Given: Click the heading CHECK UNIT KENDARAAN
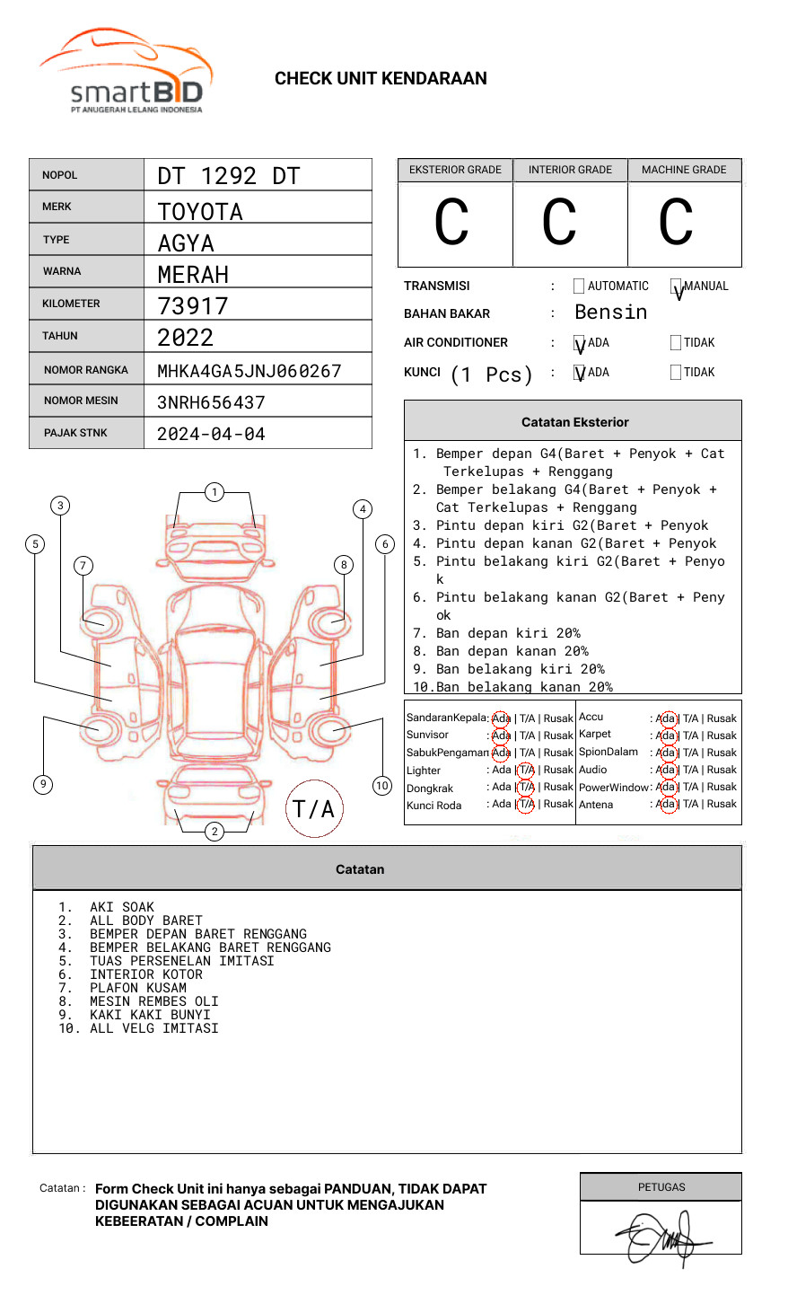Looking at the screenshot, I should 381,79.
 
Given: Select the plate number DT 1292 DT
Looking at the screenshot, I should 229,176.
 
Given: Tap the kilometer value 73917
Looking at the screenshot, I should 193,306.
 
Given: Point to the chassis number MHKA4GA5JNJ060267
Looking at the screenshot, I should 250,371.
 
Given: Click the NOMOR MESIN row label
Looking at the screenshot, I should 81,401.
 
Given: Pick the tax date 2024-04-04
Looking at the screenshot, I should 211,435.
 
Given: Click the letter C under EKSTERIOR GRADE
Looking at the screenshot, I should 451,223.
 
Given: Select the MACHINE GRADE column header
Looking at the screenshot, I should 684,170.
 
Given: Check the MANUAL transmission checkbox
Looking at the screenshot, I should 676,286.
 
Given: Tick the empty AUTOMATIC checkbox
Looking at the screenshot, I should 579,286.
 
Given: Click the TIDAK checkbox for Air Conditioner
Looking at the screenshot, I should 676,343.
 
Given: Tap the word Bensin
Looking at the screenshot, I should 610,313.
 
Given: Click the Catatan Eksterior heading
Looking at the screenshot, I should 574,422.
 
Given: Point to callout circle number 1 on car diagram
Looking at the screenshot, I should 214,492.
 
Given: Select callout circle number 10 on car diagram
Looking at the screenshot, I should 382,786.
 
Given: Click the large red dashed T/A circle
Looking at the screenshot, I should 314,809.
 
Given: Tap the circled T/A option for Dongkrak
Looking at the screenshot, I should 526,787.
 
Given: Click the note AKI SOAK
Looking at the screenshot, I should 122,908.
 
